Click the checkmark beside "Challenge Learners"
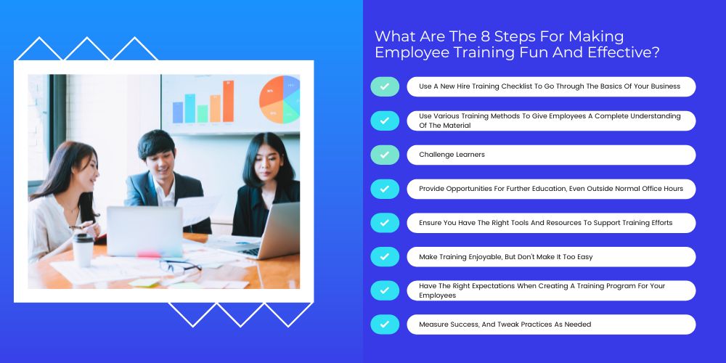(x=384, y=155)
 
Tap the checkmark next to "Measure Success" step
(x=384, y=325)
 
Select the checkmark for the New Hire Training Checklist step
(x=384, y=86)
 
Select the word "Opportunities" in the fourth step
(x=469, y=189)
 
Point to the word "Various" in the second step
(x=447, y=115)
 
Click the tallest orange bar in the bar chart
(x=228, y=102)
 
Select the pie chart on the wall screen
(x=280, y=99)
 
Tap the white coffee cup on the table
(x=83, y=250)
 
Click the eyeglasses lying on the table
(x=179, y=266)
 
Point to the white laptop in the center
(x=144, y=232)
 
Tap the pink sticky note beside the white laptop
(x=149, y=254)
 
